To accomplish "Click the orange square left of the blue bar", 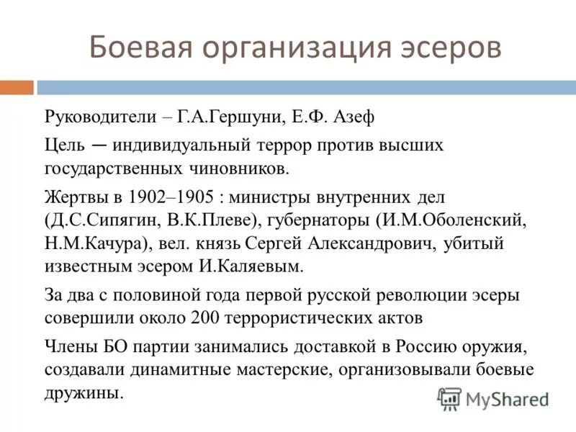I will click(x=17, y=87).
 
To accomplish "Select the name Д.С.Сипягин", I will click(x=97, y=220).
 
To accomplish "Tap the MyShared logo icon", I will click(x=450, y=397).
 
